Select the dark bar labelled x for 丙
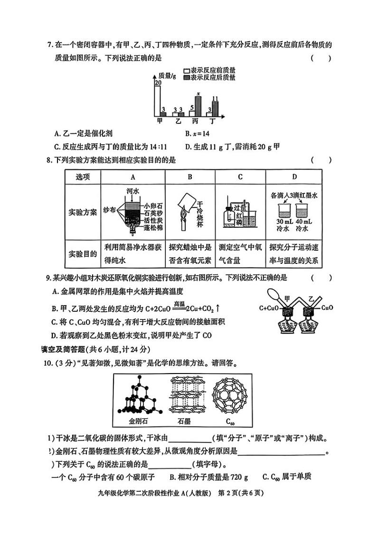198,106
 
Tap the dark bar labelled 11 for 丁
215,109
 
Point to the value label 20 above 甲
157,83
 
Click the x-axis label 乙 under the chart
178,121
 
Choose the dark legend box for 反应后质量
187,77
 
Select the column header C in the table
240,177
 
